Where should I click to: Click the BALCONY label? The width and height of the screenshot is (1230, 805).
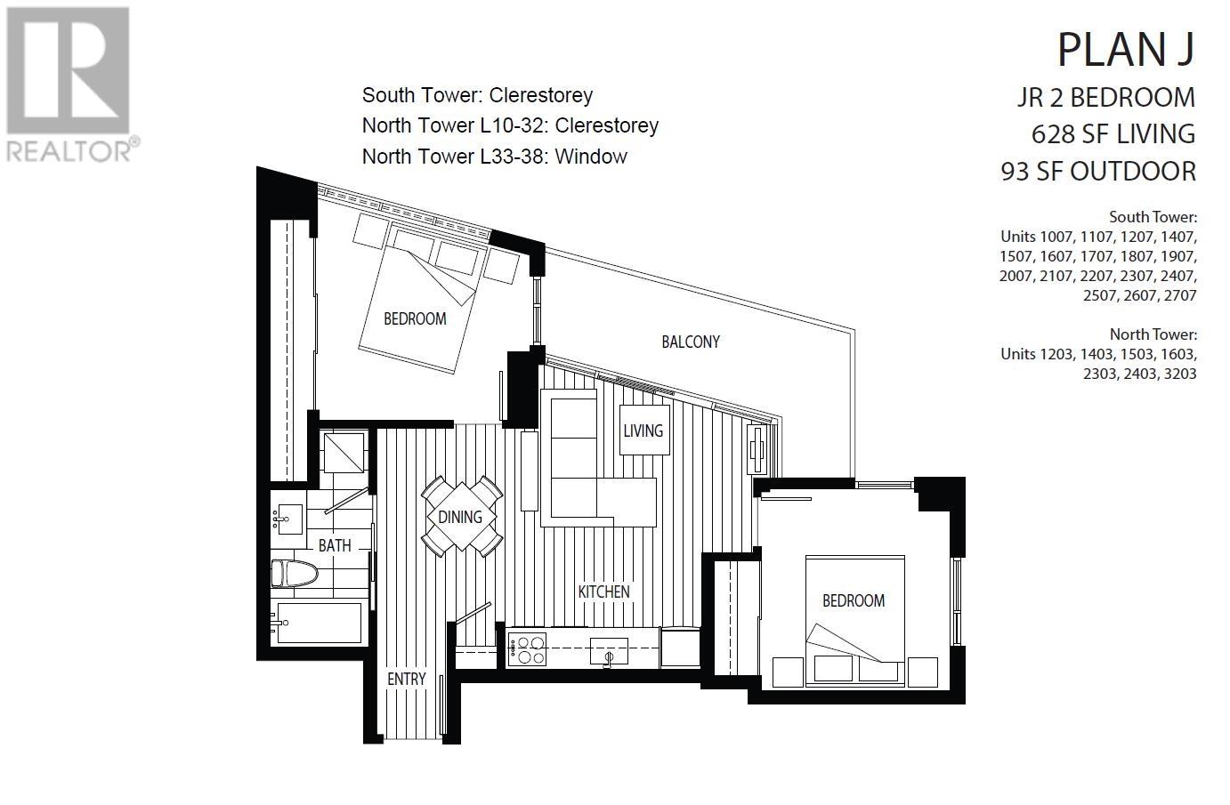[690, 342]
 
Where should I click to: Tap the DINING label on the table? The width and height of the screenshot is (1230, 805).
[460, 517]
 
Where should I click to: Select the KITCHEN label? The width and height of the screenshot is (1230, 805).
[603, 592]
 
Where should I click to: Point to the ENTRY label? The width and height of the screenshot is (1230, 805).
[406, 679]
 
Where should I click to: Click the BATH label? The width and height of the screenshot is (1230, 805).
[335, 545]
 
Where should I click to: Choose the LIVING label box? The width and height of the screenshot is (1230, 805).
[643, 431]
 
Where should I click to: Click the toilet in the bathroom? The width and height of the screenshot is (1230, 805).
[295, 574]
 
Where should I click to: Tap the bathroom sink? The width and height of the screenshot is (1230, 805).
[287, 517]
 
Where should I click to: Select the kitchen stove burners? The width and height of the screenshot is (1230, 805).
[526, 648]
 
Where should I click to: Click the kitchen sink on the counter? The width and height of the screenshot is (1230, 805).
[609, 652]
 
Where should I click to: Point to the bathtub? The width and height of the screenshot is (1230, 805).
[319, 623]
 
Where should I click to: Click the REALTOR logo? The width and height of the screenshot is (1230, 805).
[70, 85]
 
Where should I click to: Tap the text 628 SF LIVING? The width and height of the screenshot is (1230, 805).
[1113, 133]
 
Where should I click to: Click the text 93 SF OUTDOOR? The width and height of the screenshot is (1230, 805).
[1098, 171]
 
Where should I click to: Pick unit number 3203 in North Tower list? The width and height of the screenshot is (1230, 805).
[1176, 374]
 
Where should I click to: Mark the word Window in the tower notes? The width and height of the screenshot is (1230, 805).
[591, 157]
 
